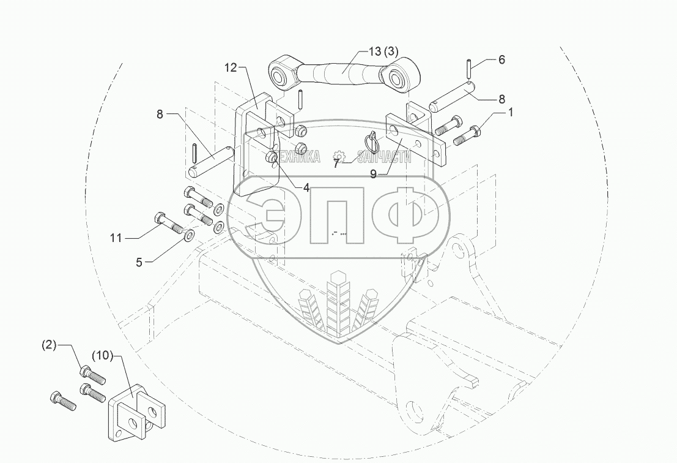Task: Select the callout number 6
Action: (x=501, y=59)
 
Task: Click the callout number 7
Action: (x=336, y=164)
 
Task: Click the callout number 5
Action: (x=139, y=263)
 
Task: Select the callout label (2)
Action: (x=48, y=345)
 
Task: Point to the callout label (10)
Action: (x=102, y=355)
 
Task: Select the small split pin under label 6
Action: (x=468, y=65)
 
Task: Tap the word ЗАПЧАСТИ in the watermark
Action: (x=384, y=157)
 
